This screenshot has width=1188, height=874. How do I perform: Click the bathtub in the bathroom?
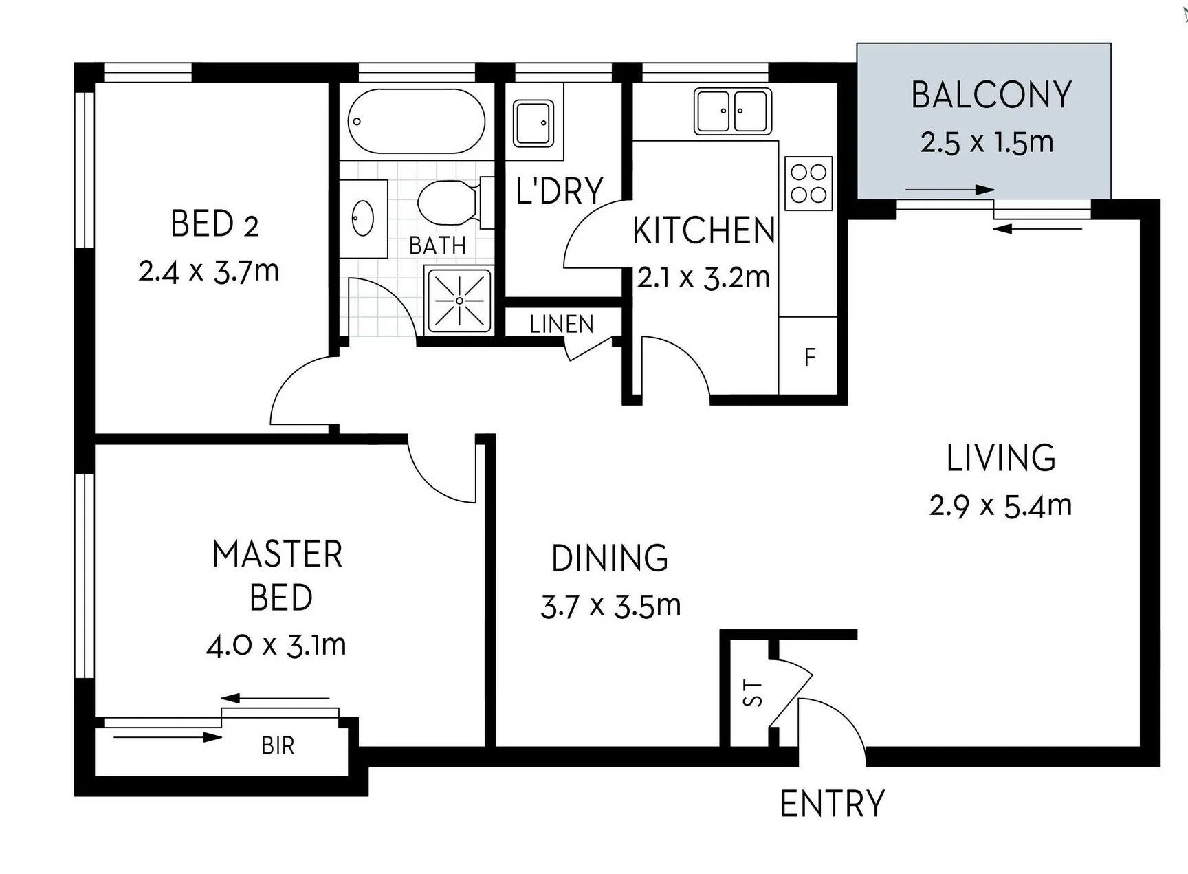[417, 121]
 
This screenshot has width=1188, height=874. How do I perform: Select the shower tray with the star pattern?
[459, 301]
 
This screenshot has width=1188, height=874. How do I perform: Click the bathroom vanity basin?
[363, 217]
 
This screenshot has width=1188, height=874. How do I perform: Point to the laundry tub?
[533, 124]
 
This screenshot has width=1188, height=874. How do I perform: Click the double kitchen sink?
[732, 111]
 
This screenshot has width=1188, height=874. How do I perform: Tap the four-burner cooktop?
[808, 184]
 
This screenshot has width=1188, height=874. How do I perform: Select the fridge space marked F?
[809, 357]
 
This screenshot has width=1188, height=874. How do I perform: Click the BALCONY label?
[991, 95]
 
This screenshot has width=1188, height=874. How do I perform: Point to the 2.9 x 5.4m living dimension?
[1000, 506]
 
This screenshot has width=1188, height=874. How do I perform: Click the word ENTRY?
[832, 803]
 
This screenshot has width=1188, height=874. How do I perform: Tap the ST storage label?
[754, 693]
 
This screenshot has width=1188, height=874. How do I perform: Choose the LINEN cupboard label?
[561, 324]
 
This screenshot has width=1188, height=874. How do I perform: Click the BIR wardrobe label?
[278, 745]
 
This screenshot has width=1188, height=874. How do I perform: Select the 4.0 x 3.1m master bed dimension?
[276, 646]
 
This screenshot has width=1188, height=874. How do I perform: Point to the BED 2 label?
[214, 224]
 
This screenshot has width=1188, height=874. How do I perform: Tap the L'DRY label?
[559, 190]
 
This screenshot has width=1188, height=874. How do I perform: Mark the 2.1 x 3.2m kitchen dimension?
[703, 278]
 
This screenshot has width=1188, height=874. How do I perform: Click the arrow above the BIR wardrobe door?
[275, 698]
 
